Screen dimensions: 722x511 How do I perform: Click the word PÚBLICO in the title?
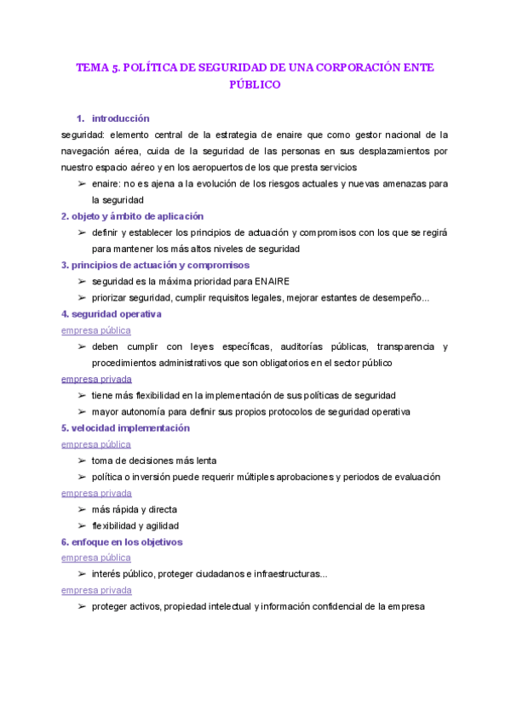tap(255, 85)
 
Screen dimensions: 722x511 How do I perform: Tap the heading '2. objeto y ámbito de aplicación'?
tap(132, 216)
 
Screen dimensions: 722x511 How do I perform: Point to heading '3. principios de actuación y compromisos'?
tap(155, 265)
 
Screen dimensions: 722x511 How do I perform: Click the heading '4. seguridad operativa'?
tap(112, 314)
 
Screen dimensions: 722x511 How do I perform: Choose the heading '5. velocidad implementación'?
tap(125, 427)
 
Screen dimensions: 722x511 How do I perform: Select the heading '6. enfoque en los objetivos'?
tap(122, 541)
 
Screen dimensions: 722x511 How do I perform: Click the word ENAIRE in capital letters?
tap(272, 281)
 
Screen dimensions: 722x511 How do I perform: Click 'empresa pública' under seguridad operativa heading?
tap(96, 330)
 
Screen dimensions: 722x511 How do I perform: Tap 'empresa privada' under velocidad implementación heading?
tap(96, 493)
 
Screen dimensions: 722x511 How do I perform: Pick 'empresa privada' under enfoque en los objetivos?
tap(96, 590)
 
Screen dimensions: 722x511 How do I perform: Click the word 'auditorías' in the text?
tap(299, 347)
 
